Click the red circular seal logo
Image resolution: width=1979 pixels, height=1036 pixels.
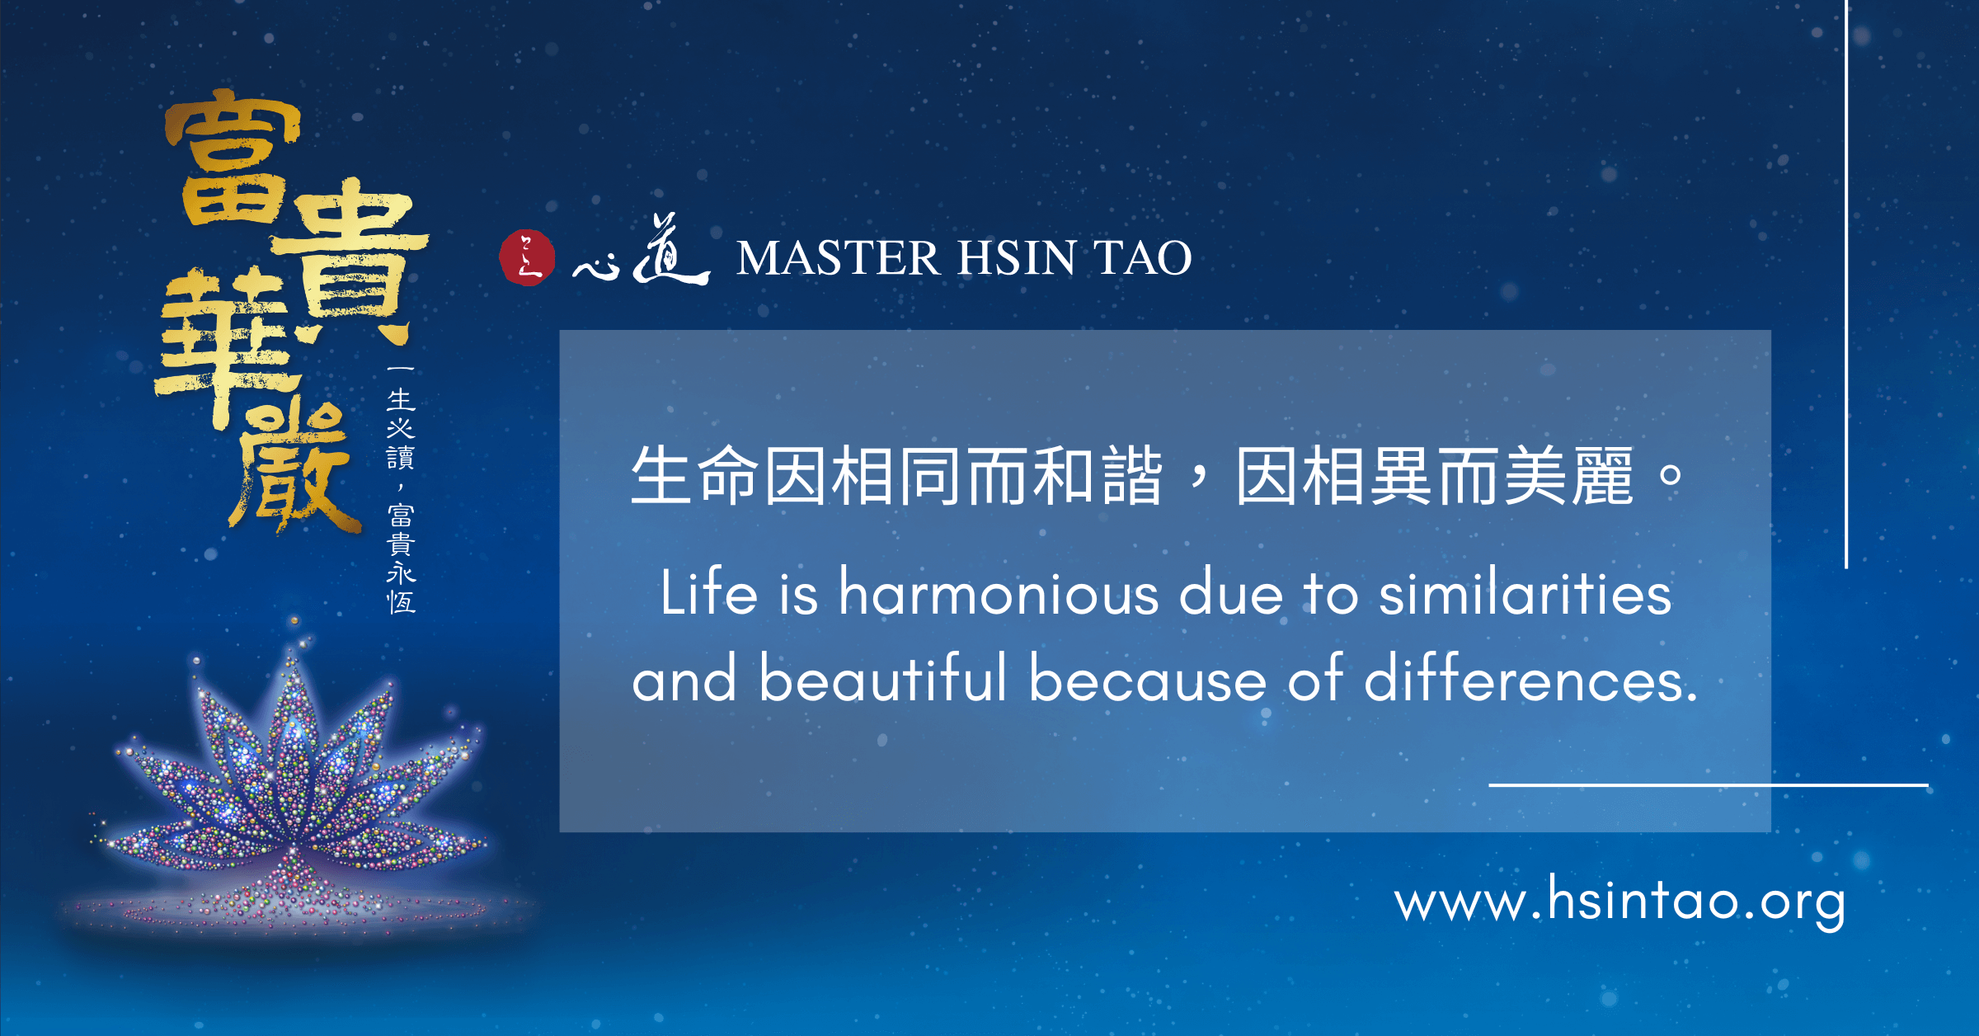pos(527,257)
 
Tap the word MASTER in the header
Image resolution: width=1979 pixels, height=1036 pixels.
pos(838,257)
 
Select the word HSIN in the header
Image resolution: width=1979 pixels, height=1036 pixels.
pos(1017,257)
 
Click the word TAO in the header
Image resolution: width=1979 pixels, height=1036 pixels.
pos(1143,257)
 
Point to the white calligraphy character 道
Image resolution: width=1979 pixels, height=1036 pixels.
pos(670,249)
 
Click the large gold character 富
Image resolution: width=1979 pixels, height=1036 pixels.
pos(233,158)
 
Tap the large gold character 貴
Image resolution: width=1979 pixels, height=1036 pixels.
pos(350,260)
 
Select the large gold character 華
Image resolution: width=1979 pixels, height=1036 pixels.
pos(227,346)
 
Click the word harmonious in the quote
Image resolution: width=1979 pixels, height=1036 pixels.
pos(999,592)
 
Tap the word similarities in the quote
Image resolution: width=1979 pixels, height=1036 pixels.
pos(1525,592)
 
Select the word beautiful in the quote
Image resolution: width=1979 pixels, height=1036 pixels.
pos(882,678)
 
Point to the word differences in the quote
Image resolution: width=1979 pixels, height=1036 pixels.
pos(1530,678)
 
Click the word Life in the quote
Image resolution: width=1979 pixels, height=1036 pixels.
pos(708,592)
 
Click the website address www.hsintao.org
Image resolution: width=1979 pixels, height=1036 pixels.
pos(1619,901)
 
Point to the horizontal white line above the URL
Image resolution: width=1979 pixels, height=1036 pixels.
pos(1709,785)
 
